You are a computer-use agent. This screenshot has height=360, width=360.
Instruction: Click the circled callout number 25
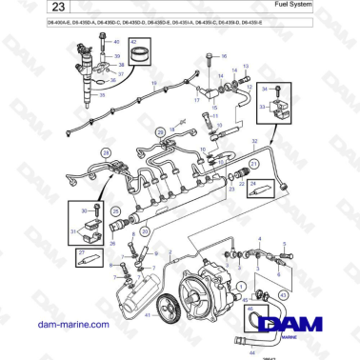click(x=114, y=212)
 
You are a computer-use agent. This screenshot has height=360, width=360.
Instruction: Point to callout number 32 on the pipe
click(x=254, y=140)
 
